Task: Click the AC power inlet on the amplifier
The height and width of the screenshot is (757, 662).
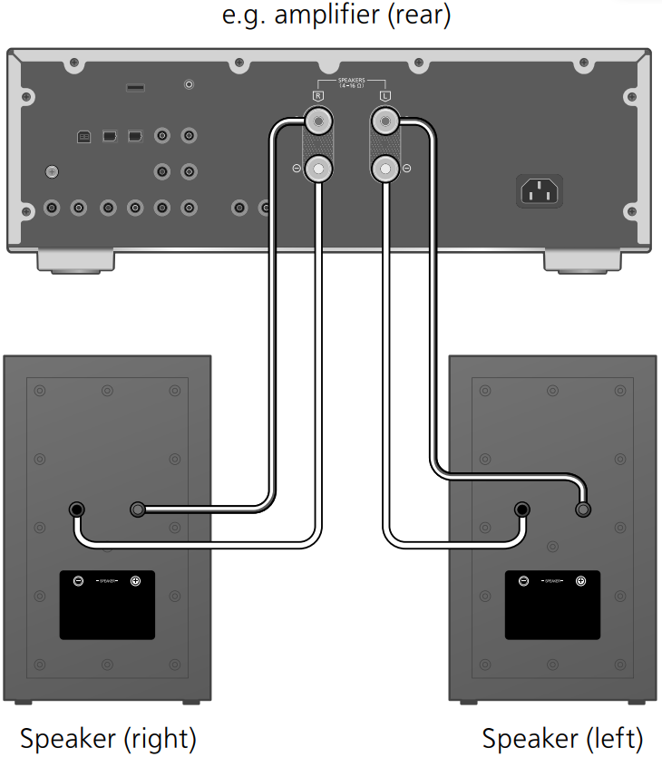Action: (x=540, y=191)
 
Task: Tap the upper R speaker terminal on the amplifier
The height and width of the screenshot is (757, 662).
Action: (x=317, y=120)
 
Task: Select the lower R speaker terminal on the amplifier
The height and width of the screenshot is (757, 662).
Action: (x=317, y=167)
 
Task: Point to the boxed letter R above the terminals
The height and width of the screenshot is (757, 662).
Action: (x=317, y=94)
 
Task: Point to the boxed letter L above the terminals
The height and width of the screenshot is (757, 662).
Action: (x=386, y=94)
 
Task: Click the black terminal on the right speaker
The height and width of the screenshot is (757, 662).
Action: (x=78, y=510)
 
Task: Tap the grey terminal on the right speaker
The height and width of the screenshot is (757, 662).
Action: (x=138, y=510)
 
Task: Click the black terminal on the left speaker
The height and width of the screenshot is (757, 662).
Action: (x=522, y=510)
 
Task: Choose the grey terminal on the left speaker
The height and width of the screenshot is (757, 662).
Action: (x=582, y=510)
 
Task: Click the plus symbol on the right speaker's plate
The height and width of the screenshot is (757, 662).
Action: (x=136, y=580)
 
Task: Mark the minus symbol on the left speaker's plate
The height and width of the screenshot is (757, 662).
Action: (x=522, y=580)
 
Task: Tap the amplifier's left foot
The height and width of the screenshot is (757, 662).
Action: (x=77, y=262)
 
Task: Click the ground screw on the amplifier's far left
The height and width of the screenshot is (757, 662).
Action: (x=53, y=170)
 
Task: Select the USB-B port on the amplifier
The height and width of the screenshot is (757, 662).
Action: (x=83, y=137)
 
